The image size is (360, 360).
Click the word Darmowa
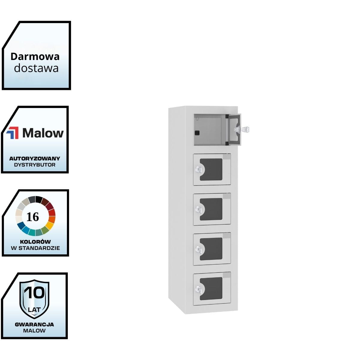click(35, 56)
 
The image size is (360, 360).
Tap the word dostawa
click(36, 68)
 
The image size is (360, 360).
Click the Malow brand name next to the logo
click(43, 133)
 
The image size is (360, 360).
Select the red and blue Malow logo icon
click(13, 133)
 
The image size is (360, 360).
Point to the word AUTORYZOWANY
click(34, 158)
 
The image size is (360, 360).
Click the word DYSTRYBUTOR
click(34, 165)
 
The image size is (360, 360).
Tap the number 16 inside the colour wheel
click(33, 217)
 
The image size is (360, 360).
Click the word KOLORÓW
click(35, 241)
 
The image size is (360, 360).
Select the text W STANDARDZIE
click(35, 248)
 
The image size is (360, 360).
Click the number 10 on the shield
click(34, 293)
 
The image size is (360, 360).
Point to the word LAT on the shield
click(34, 309)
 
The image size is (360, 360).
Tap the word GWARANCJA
click(34, 324)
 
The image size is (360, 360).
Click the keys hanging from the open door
click(246, 130)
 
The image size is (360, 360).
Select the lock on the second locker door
click(198, 169)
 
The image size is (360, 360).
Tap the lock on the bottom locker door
click(198, 289)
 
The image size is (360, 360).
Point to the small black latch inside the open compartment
click(197, 133)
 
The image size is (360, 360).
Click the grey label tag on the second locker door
click(227, 157)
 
